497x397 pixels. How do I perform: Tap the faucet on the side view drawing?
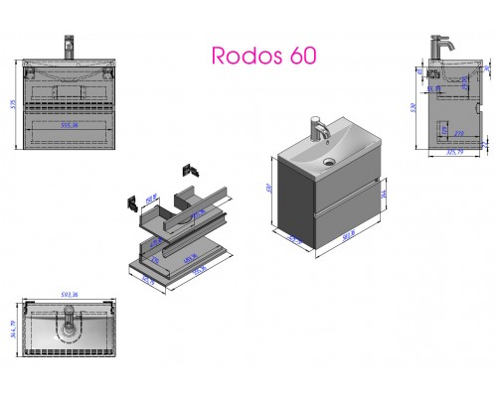coord(438,49)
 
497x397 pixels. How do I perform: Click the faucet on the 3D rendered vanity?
coord(319,131)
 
